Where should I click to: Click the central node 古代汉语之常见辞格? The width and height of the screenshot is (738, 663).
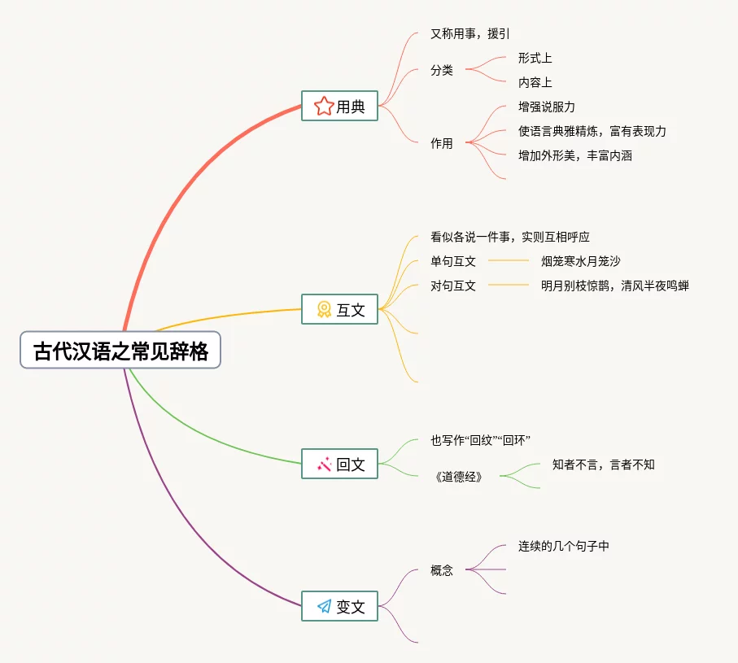click(120, 351)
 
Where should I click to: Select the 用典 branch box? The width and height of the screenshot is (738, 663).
click(339, 106)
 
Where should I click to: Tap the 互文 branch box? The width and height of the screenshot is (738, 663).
click(339, 309)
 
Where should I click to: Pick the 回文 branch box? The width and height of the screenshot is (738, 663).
click(339, 465)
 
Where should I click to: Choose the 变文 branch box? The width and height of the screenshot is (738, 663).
click(339, 606)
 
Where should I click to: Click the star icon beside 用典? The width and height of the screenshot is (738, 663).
click(324, 106)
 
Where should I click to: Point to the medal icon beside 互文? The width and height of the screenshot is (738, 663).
click(324, 309)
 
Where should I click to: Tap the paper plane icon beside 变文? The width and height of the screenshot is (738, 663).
click(324, 606)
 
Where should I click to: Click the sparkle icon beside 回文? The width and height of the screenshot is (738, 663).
click(324, 465)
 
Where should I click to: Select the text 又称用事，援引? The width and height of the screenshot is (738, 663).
click(469, 34)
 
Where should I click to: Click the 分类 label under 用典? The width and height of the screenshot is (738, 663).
click(442, 71)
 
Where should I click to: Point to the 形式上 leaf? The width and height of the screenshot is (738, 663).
click(535, 59)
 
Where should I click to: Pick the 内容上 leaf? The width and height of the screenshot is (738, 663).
click(535, 83)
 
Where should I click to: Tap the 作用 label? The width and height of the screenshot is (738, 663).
click(442, 144)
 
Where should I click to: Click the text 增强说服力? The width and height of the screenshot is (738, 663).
click(546, 107)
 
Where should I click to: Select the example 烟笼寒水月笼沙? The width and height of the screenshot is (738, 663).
click(580, 262)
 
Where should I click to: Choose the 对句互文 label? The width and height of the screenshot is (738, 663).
click(453, 286)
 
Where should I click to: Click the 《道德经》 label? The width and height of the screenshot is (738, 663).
click(459, 477)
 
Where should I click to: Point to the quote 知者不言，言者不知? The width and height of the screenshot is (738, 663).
click(603, 465)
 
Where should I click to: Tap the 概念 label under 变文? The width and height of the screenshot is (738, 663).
click(442, 571)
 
